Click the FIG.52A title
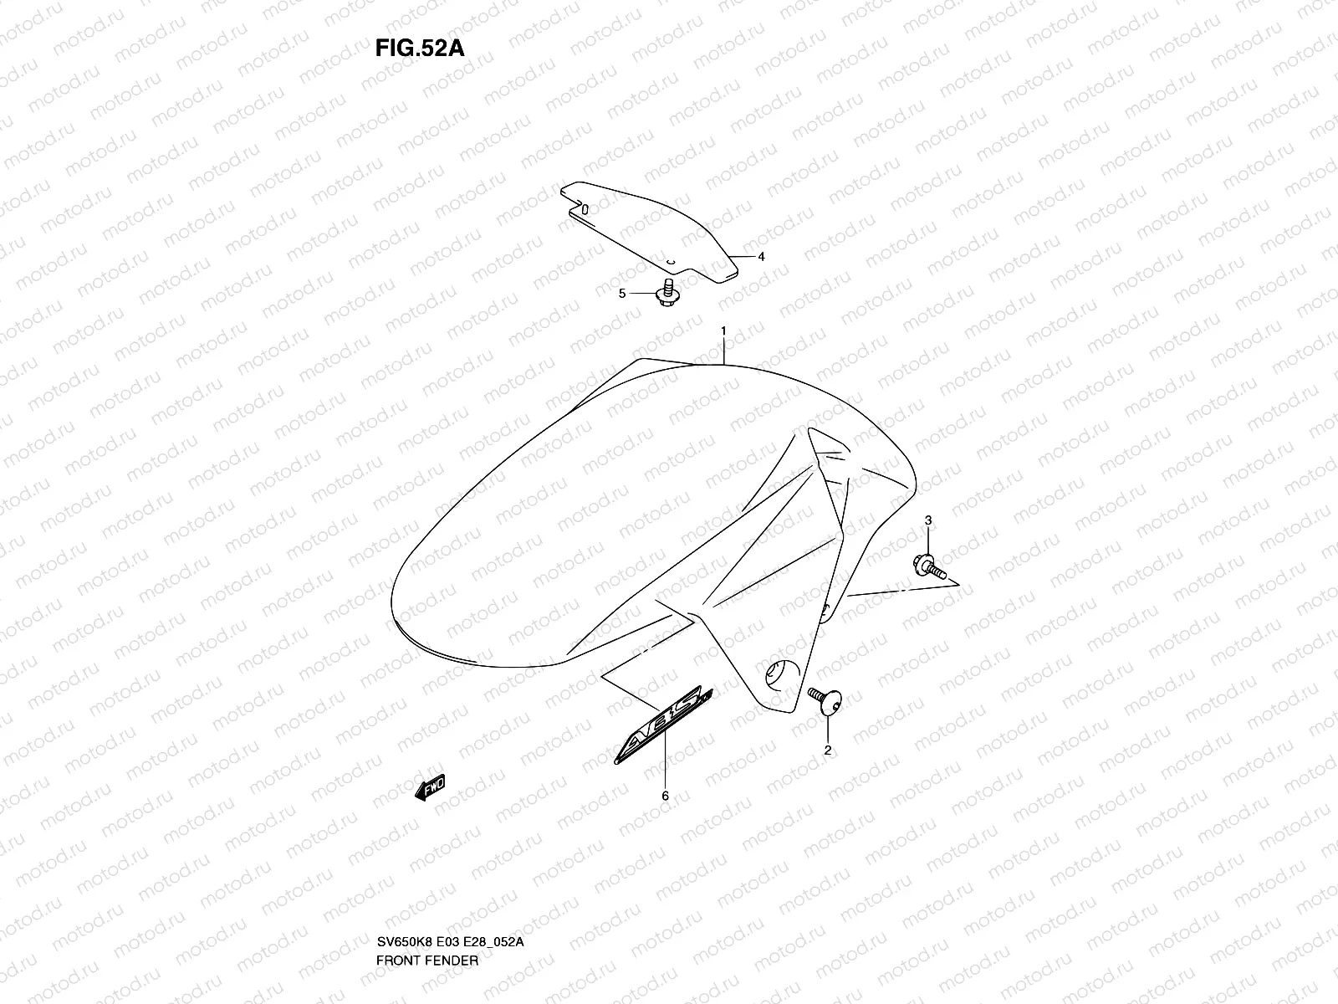click(419, 47)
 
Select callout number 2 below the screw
click(827, 750)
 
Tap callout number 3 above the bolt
click(928, 521)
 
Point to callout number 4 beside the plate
click(761, 257)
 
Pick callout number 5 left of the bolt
click(621, 294)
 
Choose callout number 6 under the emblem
click(665, 796)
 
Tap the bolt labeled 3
click(932, 569)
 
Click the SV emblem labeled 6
click(663, 724)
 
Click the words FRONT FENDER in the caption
click(426, 913)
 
